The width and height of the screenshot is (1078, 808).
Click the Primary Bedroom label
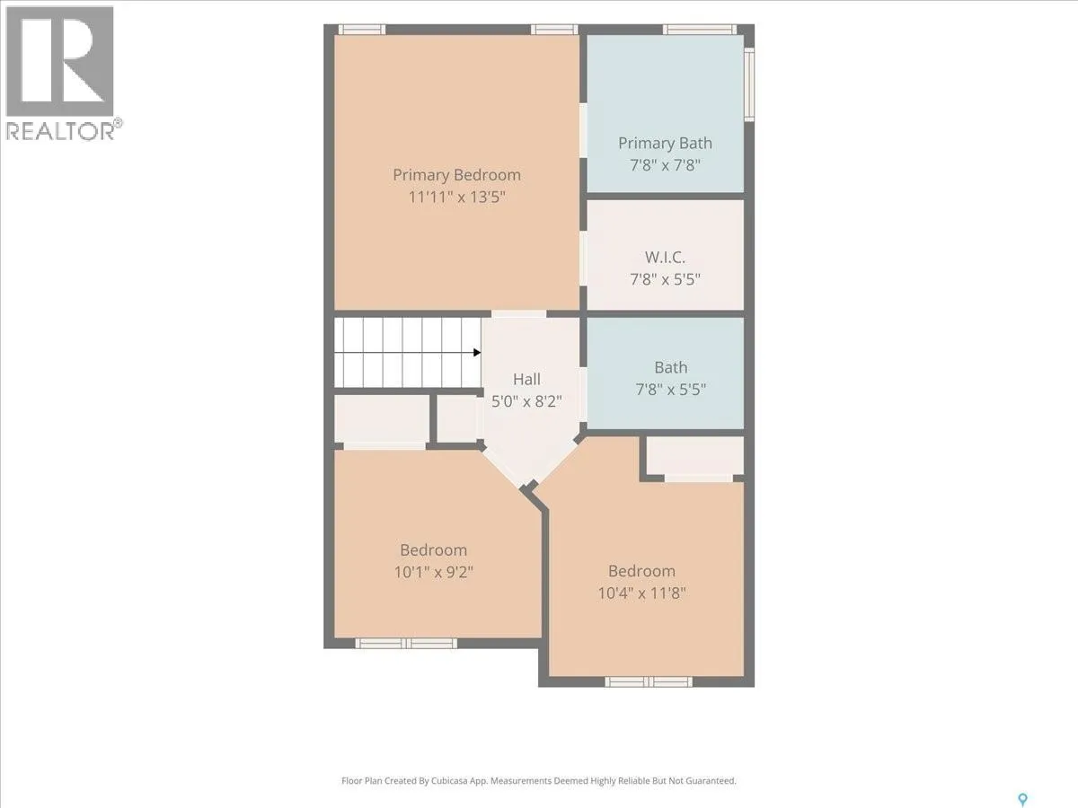[x=456, y=175]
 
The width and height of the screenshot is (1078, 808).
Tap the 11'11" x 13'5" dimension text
[x=456, y=198]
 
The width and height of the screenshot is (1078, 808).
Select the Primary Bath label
[x=665, y=144]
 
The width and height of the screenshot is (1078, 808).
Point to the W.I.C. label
[x=665, y=257]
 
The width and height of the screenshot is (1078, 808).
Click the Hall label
[x=526, y=379]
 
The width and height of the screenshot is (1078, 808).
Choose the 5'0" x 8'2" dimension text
[x=526, y=402]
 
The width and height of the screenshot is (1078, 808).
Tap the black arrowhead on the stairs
[x=476, y=352]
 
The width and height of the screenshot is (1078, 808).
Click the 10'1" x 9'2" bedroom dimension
[x=433, y=572]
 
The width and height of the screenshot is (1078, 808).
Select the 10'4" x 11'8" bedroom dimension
[x=641, y=593]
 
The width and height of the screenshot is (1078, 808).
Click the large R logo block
[x=59, y=61]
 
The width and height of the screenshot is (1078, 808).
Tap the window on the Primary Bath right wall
[x=749, y=83]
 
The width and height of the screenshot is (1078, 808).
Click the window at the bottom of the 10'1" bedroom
[x=406, y=643]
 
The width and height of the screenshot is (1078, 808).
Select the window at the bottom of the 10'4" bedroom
[x=649, y=681]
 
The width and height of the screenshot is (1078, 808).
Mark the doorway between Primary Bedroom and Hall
[x=518, y=314]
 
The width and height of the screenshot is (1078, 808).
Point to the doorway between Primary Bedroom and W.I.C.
[x=583, y=259]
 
